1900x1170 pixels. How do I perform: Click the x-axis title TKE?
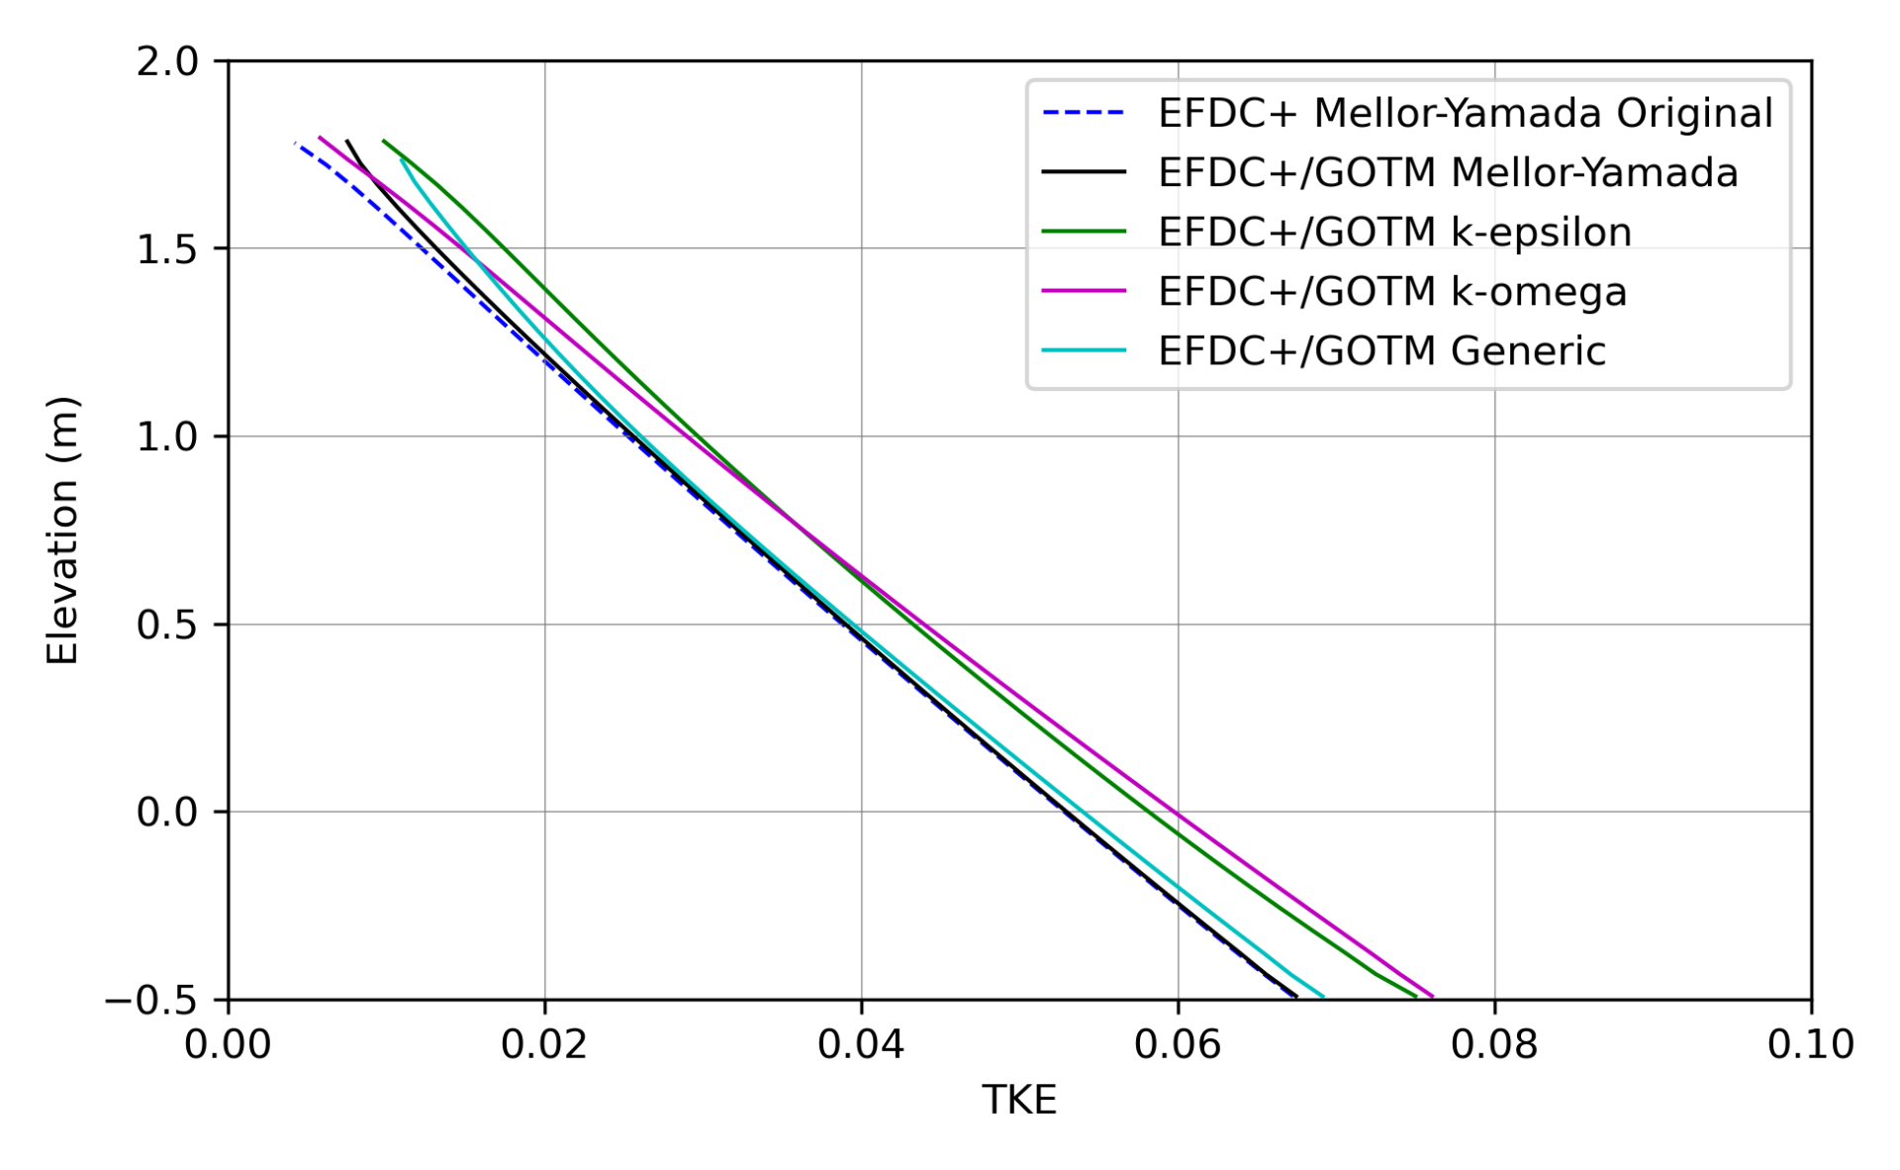click(1019, 1101)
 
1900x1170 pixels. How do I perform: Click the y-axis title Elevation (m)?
click(61, 531)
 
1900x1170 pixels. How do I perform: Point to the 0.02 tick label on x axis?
click(544, 1045)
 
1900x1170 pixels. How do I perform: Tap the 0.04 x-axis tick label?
click(861, 1045)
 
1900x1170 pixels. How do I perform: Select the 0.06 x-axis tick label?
click(1178, 1045)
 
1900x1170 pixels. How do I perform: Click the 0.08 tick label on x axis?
click(1494, 1045)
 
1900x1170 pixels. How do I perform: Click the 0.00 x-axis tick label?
click(228, 1045)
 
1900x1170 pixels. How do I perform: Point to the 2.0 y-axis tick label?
click(167, 61)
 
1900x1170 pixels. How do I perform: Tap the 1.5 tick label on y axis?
click(167, 249)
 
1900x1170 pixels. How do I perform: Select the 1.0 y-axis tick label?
click(167, 437)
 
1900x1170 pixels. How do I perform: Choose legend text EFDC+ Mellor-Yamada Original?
click(1465, 114)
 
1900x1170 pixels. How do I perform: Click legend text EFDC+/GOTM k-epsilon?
click(1394, 233)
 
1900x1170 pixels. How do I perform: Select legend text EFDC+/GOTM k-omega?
click(1392, 292)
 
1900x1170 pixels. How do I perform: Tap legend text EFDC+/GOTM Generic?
click(1381, 351)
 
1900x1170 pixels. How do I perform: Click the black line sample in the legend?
click(1084, 173)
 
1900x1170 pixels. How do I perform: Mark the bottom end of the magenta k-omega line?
click(1432, 997)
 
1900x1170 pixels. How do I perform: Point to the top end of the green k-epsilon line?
click(383, 141)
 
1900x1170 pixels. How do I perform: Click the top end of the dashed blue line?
click(296, 144)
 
